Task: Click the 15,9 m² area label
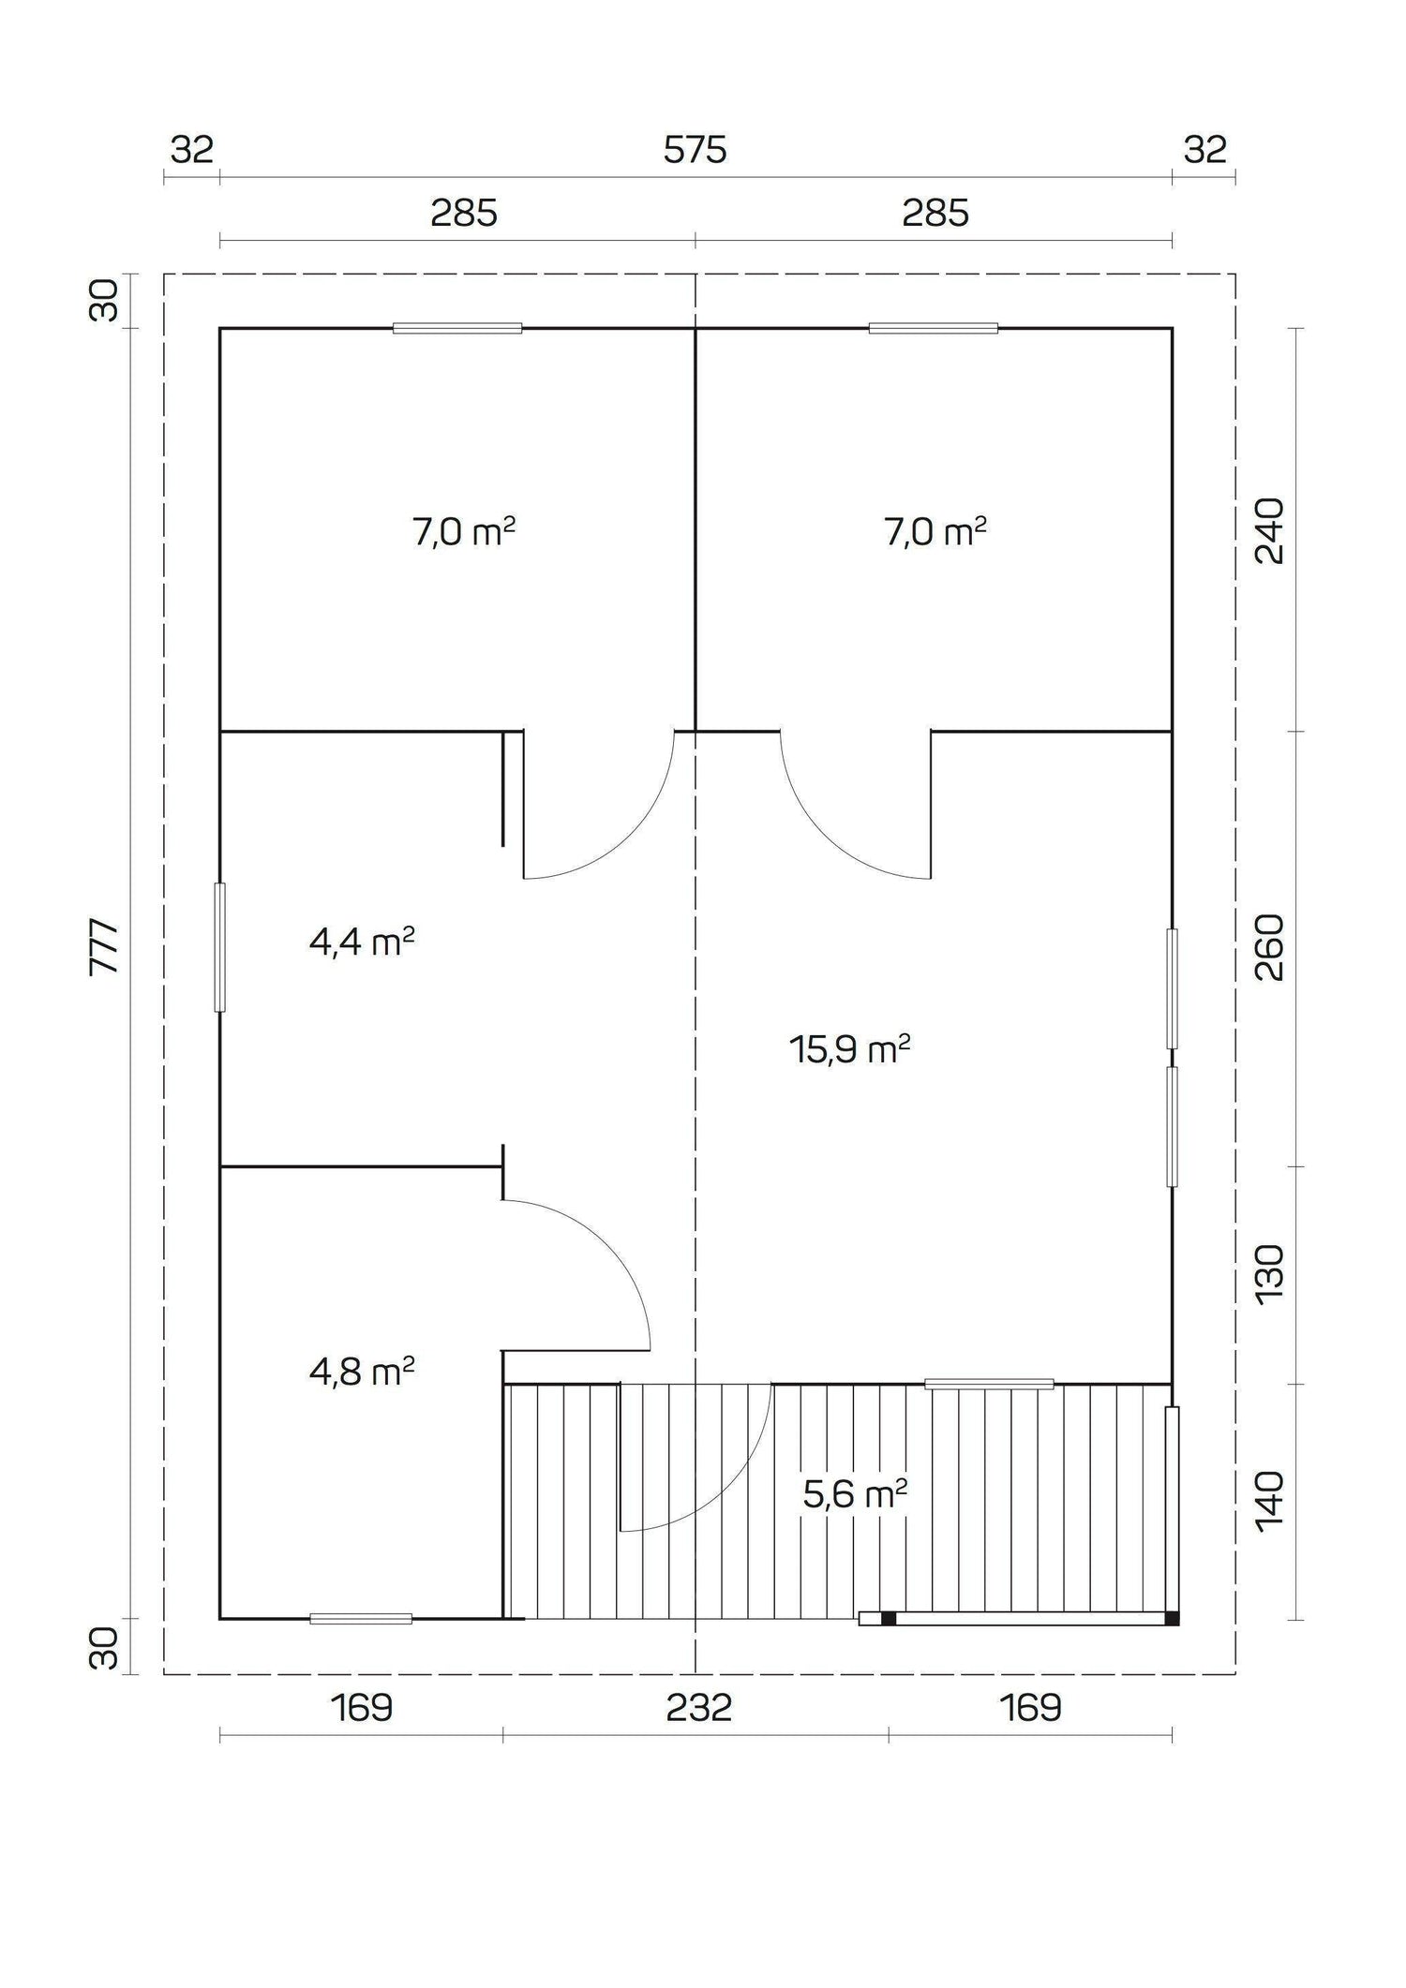(x=849, y=1049)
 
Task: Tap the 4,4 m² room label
(x=362, y=942)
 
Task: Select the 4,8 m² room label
(x=362, y=1372)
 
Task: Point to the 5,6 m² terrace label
(x=854, y=1494)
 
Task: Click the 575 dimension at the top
(x=695, y=150)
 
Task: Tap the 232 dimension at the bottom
(x=698, y=1708)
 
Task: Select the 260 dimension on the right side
(x=1269, y=947)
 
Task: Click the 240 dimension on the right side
(x=1269, y=530)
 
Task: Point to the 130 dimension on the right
(x=1269, y=1273)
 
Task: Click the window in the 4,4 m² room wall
(x=220, y=947)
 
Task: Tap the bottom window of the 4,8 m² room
(x=361, y=1618)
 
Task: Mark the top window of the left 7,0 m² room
(x=457, y=328)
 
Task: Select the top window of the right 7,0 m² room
(x=933, y=328)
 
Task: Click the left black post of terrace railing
(x=888, y=1618)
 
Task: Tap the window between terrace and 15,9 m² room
(x=989, y=1384)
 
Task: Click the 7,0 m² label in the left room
(x=464, y=532)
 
